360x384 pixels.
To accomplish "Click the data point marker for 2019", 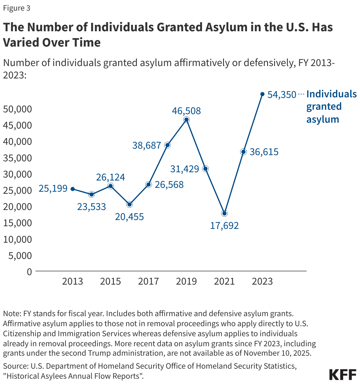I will point(186,120).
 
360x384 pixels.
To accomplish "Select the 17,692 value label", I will point(224,226).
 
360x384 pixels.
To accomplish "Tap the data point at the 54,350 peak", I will point(262,94).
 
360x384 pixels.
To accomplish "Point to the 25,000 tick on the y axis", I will point(17,190).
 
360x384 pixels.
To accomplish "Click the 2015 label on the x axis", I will point(110,281).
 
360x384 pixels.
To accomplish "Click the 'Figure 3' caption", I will point(17,8).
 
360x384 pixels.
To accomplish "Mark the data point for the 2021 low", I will point(224,213).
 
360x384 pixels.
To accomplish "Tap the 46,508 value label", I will point(186,111).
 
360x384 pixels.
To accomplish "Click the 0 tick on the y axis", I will point(29,272).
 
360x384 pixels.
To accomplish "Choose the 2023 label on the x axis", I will point(262,281).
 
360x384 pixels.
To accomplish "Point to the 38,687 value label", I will point(147,145).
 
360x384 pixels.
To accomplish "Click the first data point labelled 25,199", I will point(73,189).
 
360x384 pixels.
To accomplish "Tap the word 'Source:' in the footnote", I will point(15,366).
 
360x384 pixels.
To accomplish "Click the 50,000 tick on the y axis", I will point(17,109).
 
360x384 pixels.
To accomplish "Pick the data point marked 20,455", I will point(129,204).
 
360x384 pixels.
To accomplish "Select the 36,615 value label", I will point(264,152).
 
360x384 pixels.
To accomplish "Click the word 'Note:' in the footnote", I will point(12,313).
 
